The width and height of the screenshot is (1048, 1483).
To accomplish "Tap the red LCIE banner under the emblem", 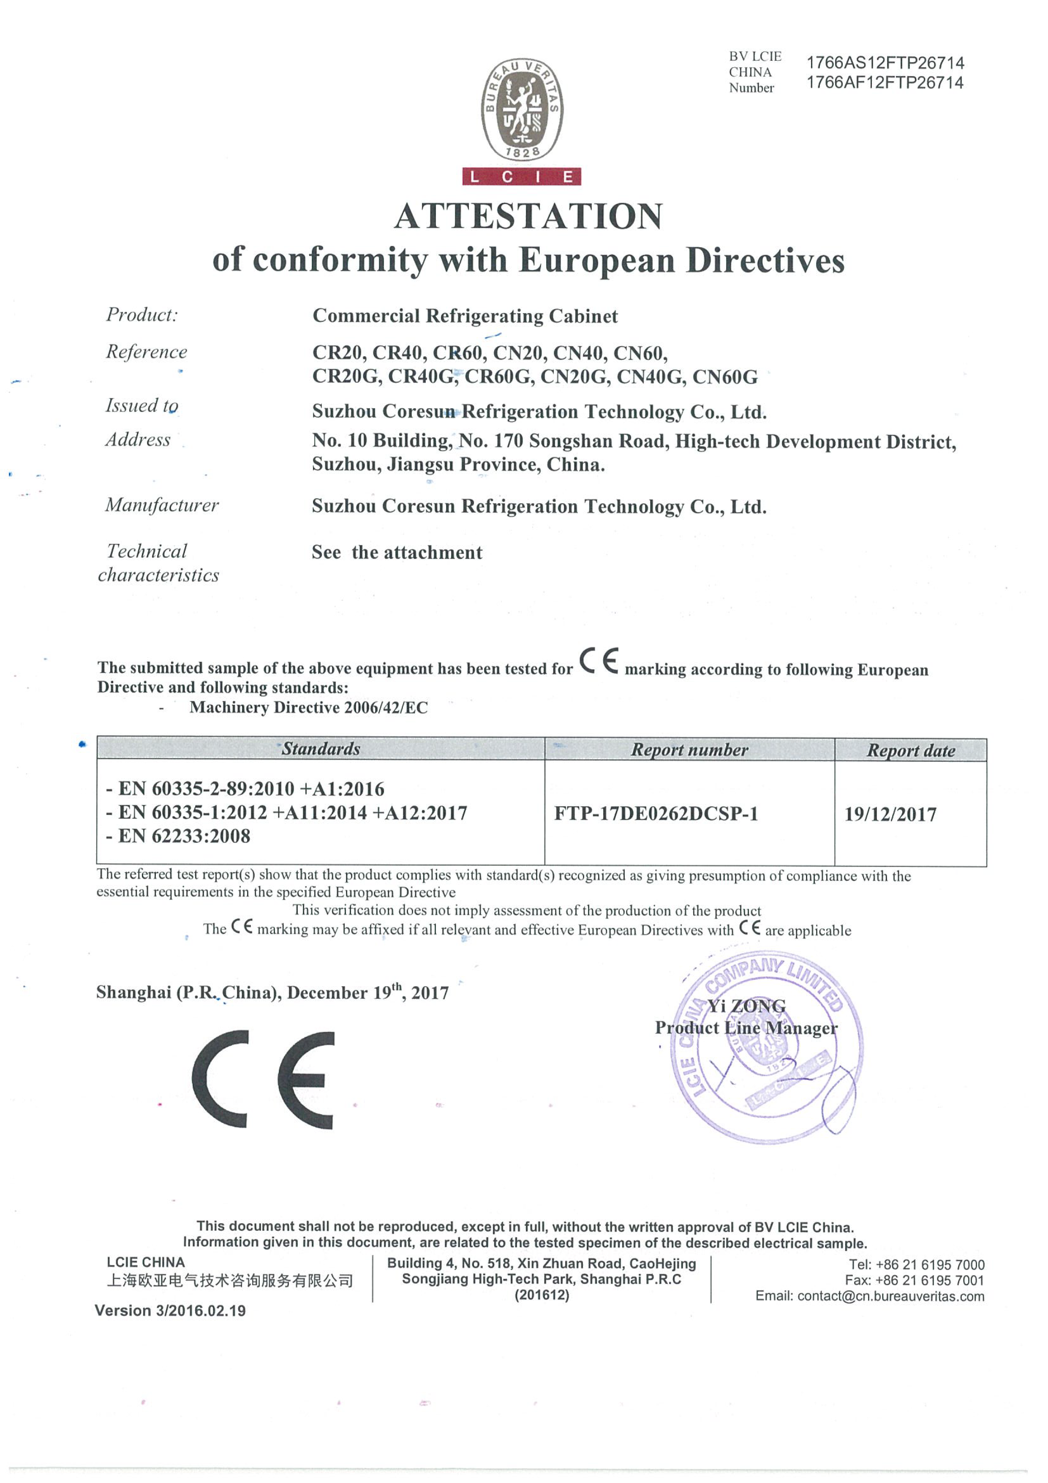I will tap(522, 176).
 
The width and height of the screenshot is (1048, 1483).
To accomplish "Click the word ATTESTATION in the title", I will tap(528, 216).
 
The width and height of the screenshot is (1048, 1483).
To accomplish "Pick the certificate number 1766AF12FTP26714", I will tap(885, 83).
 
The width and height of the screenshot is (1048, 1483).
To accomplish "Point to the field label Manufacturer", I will tap(162, 505).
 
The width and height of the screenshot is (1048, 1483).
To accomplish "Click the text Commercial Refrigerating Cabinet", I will tap(465, 316).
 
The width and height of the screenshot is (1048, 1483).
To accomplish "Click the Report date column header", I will tap(910, 750).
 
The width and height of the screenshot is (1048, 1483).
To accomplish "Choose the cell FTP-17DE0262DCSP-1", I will tap(656, 813).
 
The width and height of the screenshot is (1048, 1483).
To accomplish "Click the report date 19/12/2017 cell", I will tap(890, 814).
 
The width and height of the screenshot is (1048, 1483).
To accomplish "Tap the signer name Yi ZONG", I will tap(746, 1006).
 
